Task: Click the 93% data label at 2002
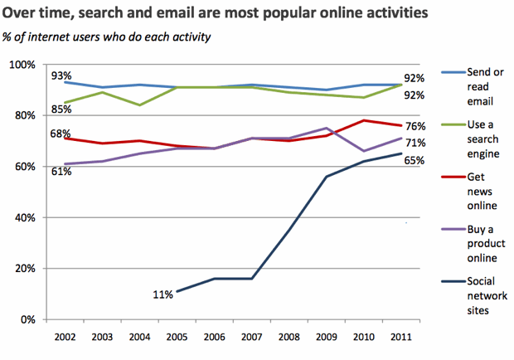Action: coord(61,75)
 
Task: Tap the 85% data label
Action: coord(61,108)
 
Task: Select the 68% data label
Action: coord(61,134)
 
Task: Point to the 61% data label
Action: coord(61,172)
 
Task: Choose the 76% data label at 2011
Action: coord(415,126)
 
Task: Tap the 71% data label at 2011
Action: coord(415,142)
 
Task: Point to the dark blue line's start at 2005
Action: coord(176,291)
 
